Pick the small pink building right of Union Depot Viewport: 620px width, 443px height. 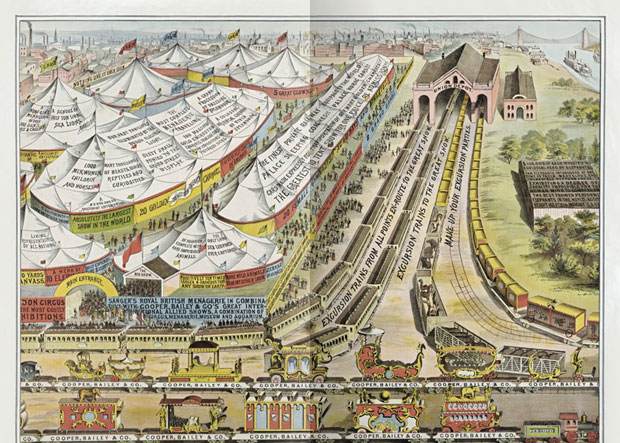(x=519, y=97)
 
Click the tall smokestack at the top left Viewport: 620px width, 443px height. (x=27, y=35)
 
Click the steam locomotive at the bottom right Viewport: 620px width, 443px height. (x=570, y=425)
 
